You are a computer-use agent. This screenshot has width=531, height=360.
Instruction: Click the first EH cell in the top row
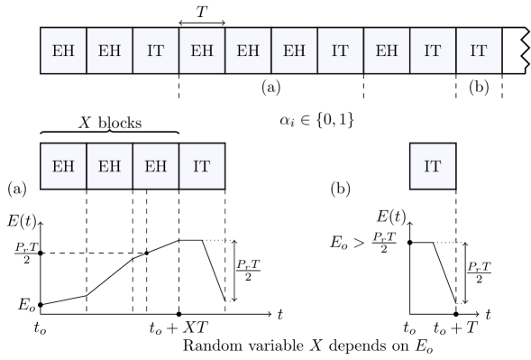63,51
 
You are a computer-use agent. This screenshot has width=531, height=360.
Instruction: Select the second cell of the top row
109,51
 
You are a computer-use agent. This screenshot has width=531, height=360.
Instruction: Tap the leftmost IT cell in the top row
155,51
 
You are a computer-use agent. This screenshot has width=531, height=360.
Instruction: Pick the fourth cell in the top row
202,51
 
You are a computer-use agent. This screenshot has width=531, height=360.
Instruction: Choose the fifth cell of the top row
248,51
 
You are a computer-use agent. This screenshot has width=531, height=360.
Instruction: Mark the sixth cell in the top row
294,51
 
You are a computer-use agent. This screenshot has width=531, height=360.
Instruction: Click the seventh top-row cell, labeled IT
340,51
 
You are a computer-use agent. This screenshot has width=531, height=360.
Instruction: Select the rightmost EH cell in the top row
386,51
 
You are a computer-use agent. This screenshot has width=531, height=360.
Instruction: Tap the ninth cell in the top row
433,51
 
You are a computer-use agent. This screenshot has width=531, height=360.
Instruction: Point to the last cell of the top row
479,51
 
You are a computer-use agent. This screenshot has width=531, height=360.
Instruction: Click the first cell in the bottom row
63,166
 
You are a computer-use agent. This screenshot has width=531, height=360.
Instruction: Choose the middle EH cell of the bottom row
109,166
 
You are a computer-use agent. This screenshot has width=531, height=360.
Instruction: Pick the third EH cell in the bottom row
155,166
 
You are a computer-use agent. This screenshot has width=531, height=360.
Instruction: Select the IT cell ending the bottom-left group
202,166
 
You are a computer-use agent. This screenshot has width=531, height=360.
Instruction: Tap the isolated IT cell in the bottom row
433,166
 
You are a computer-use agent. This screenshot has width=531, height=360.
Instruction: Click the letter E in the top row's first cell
58,51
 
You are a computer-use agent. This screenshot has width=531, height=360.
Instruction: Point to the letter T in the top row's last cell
483,51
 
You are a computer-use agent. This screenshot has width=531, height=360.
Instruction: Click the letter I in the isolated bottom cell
427,167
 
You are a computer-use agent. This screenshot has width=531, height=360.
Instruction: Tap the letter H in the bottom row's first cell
69,167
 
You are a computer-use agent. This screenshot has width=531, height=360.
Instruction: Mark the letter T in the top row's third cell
160,51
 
